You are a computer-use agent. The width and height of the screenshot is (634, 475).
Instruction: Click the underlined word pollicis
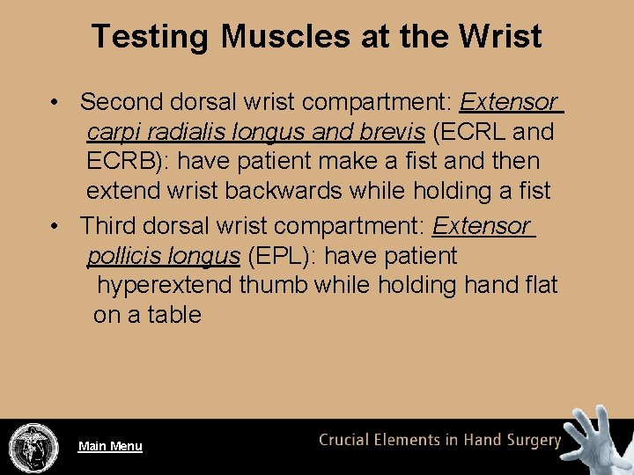click(x=120, y=256)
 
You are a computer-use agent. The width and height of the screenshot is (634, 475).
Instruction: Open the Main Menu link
click(x=110, y=446)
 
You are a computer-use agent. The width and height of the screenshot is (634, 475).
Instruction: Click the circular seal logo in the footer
click(x=33, y=447)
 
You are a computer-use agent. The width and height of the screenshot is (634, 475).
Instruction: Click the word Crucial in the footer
click(x=348, y=441)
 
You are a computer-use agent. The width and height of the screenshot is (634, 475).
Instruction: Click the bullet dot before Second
click(x=55, y=103)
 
